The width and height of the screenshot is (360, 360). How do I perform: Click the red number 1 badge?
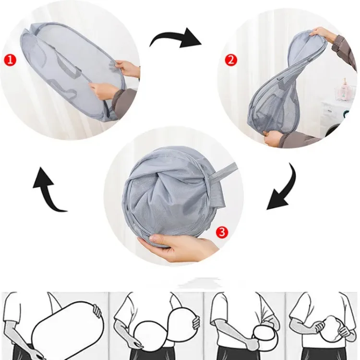point(10,60)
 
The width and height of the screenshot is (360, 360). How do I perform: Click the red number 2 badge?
point(230,60)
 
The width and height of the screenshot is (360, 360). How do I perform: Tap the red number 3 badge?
point(222,232)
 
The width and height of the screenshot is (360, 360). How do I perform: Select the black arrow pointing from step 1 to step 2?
point(176,39)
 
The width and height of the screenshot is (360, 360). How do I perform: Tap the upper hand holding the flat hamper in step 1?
point(127,68)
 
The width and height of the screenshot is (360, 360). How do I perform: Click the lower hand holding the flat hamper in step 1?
point(103,92)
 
